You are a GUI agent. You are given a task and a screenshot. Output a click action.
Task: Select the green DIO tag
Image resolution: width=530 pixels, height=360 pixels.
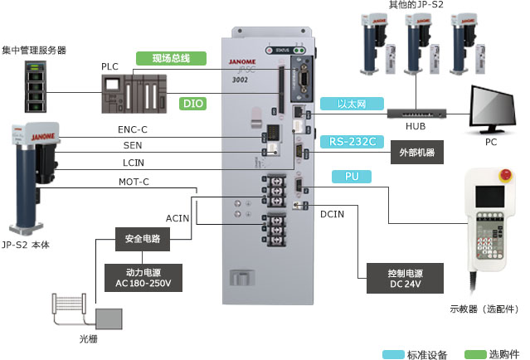pos(192,104)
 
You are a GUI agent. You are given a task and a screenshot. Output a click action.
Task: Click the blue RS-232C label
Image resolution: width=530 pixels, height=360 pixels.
pos(353,141)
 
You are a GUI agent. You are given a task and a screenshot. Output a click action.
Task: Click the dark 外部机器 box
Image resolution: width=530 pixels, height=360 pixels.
pos(416,153)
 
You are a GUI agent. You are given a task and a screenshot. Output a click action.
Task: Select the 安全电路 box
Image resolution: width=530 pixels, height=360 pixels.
pos(143,239)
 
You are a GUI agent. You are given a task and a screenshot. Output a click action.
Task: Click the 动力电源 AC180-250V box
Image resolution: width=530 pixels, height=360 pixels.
pos(143,277)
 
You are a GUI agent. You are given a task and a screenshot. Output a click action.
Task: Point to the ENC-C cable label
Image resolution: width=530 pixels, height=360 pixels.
pos(133,129)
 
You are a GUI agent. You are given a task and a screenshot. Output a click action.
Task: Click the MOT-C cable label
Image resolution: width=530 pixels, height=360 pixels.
pos(134,182)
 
